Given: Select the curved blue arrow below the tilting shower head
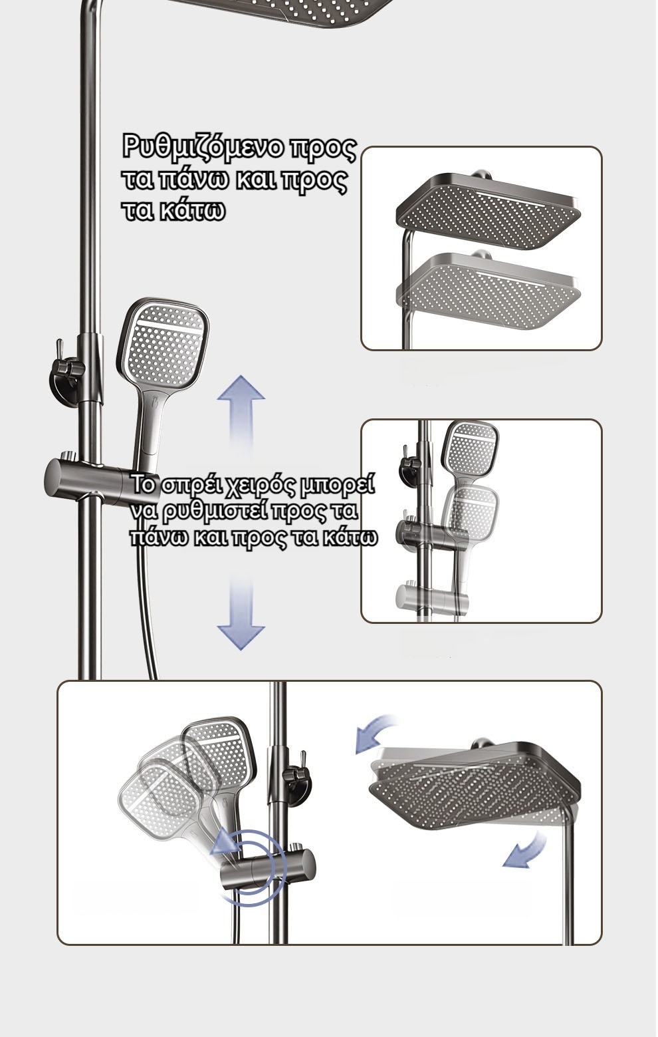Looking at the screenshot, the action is point(524,849).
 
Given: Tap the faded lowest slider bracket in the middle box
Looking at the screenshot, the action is point(433,598).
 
